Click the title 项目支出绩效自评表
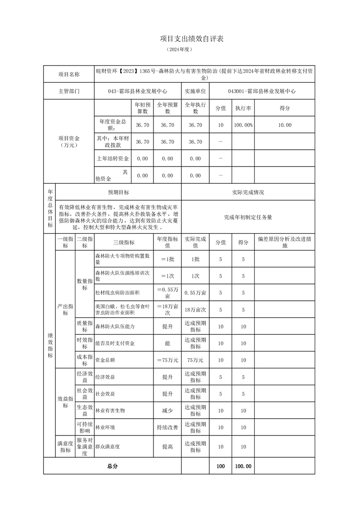pyautogui.click(x=192, y=39)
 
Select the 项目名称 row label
pyautogui.click(x=69, y=74)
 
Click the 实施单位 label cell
pyautogui.click(x=195, y=91)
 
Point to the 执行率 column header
pyautogui.click(x=243, y=108)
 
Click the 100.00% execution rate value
pyautogui.click(x=243, y=125)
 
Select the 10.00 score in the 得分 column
pyautogui.click(x=285, y=125)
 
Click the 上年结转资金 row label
pyautogui.click(x=113, y=159)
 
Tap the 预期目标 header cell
pyautogui.click(x=118, y=192)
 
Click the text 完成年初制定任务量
pyautogui.click(x=248, y=217)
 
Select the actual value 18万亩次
pyautogui.click(x=195, y=310)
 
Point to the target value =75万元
pyautogui.click(x=167, y=360)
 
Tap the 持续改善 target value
pyautogui.click(x=167, y=427)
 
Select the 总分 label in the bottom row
pyautogui.click(x=112, y=466)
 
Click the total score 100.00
pyautogui.click(x=243, y=466)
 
